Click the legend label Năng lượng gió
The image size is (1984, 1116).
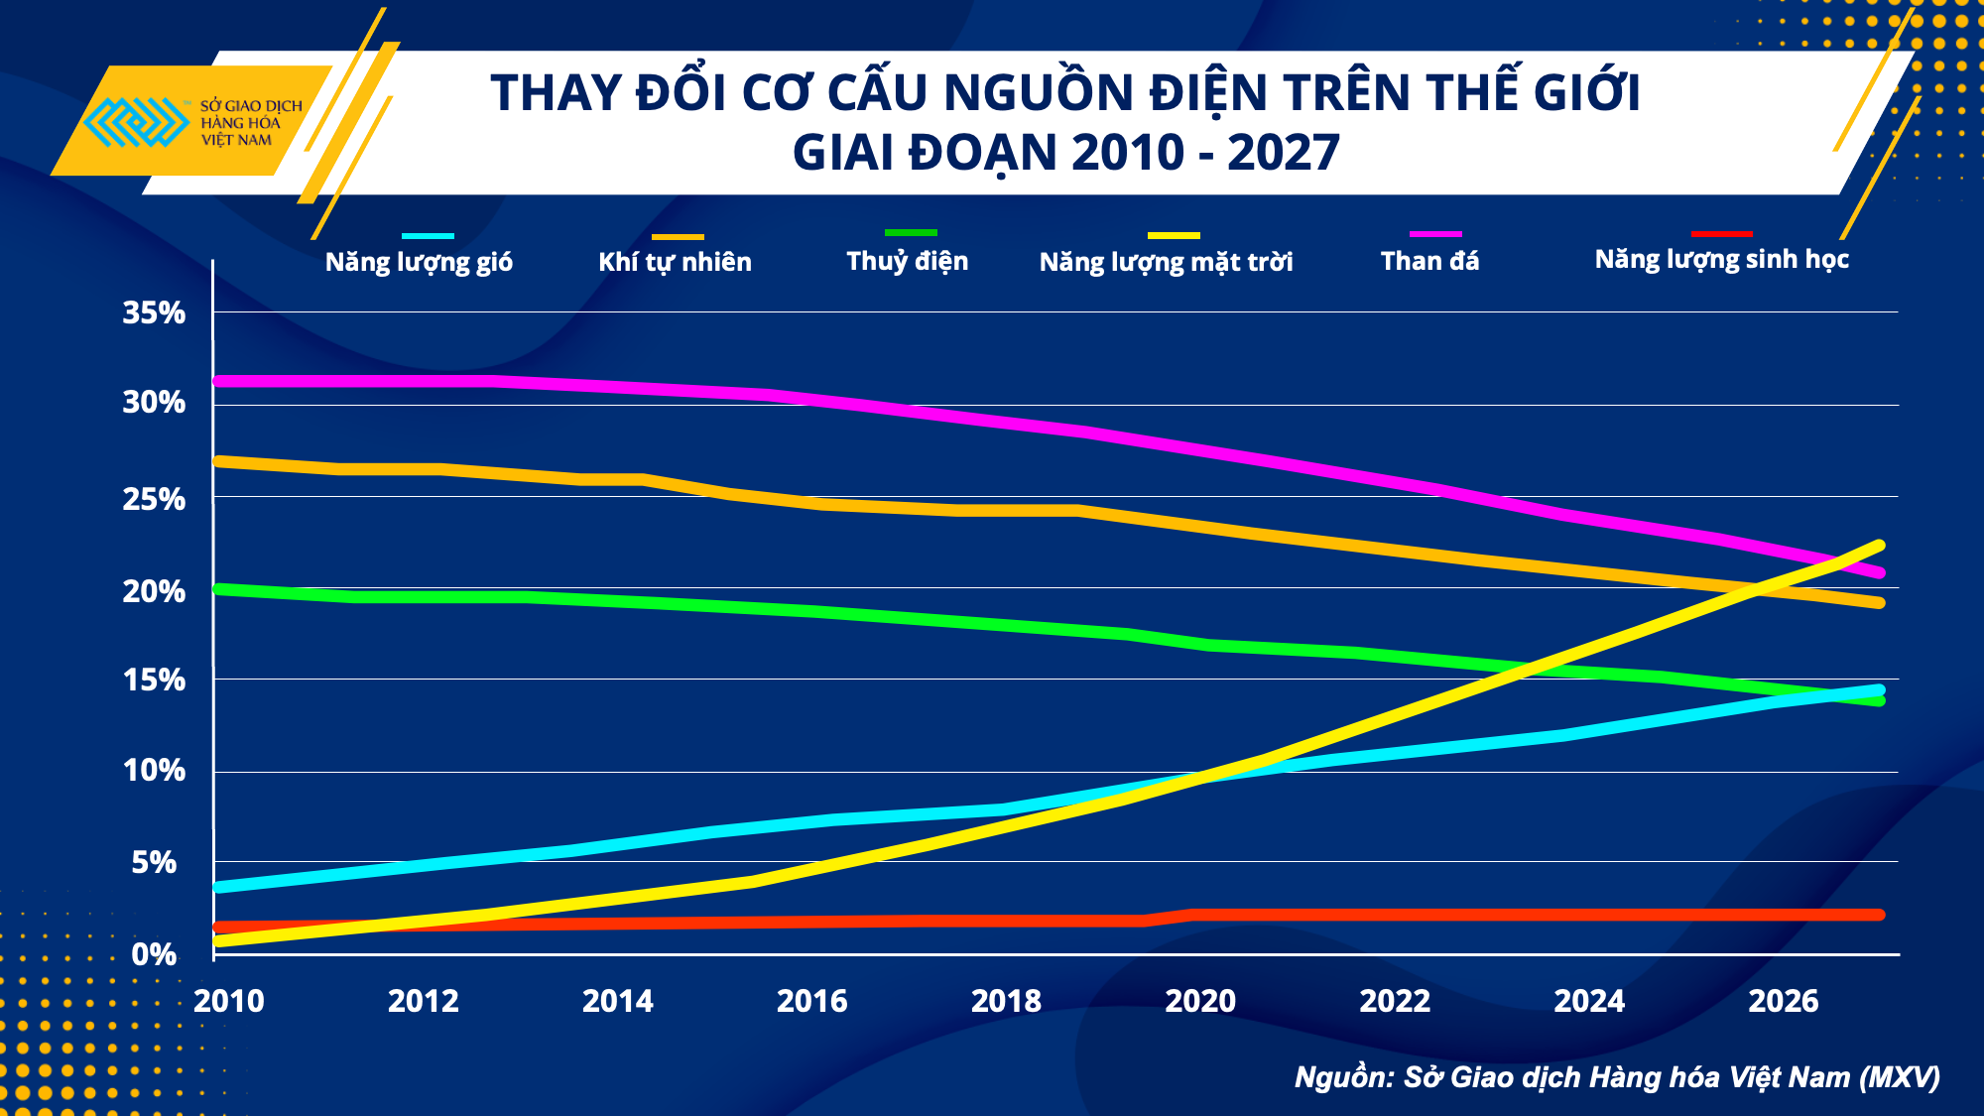coord(419,262)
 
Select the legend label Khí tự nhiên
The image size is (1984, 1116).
coord(675,262)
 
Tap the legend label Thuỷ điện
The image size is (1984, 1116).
coord(907,261)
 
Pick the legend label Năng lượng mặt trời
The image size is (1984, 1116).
coord(1166,262)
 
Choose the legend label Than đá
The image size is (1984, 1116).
coord(1429,261)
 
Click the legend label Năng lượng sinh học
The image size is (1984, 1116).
coord(1721,260)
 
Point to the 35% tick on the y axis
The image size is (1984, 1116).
coord(154,313)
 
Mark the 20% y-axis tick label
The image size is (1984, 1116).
coord(154,592)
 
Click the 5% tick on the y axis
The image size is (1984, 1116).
coord(154,863)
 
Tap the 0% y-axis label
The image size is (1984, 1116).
coord(154,954)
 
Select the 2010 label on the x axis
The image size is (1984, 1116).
coord(229,1001)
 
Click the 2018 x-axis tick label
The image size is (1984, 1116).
coord(1006,1001)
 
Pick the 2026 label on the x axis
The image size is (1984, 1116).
coord(1783,1001)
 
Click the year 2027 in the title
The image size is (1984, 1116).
coord(1283,153)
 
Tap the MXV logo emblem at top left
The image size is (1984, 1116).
coord(136,122)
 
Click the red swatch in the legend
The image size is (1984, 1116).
coord(1721,234)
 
